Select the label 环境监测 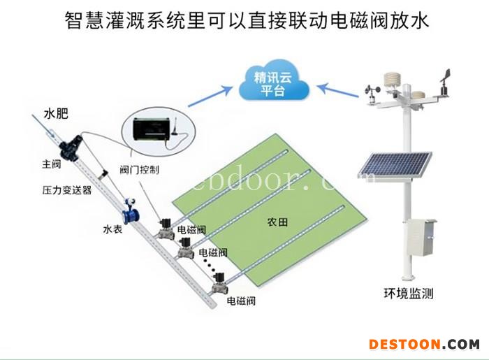tap(409, 294)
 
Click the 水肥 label tap(56, 113)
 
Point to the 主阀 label tap(52, 165)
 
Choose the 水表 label tap(112, 229)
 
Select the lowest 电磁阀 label tap(241, 301)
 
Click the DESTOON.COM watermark tap(424, 344)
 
